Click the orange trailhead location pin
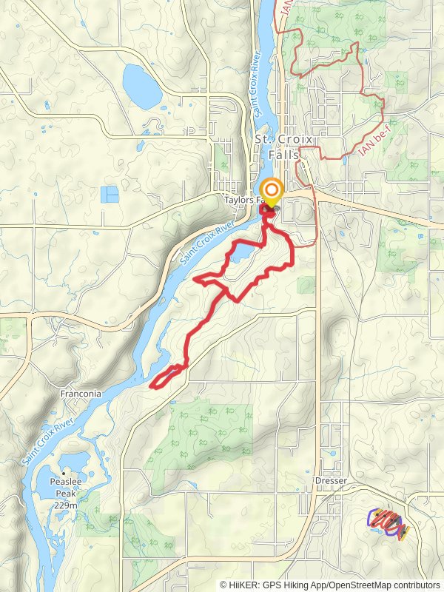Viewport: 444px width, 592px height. [x=272, y=192]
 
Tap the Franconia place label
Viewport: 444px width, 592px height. [x=81, y=394]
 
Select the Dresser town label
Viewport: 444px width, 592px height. [x=331, y=480]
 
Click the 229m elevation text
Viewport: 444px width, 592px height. [x=65, y=505]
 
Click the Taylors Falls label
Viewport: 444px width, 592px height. [x=244, y=200]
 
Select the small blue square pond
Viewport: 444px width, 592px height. [x=110, y=195]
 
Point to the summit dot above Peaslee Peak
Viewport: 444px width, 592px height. [x=65, y=473]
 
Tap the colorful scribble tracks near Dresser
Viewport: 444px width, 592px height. [x=388, y=523]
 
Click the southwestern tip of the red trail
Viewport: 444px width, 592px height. [x=152, y=385]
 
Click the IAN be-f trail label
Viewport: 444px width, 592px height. [x=374, y=141]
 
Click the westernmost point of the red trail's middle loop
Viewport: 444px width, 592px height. [x=195, y=280]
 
